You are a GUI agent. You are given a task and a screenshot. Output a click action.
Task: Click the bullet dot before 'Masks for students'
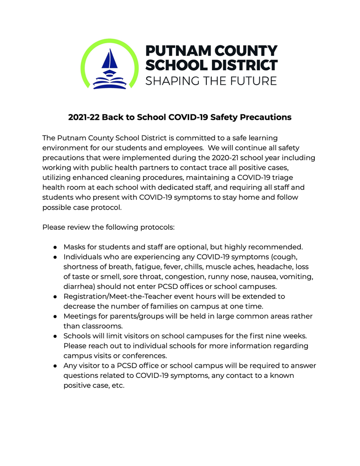(x=54, y=247)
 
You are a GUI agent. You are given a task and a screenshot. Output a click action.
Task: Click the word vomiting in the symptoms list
(x=295, y=276)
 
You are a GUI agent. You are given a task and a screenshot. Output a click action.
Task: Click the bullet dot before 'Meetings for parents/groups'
(x=54, y=316)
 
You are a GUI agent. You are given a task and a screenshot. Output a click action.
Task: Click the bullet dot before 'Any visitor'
(x=54, y=366)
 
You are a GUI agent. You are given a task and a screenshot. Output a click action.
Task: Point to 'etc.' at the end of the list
(x=116, y=386)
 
